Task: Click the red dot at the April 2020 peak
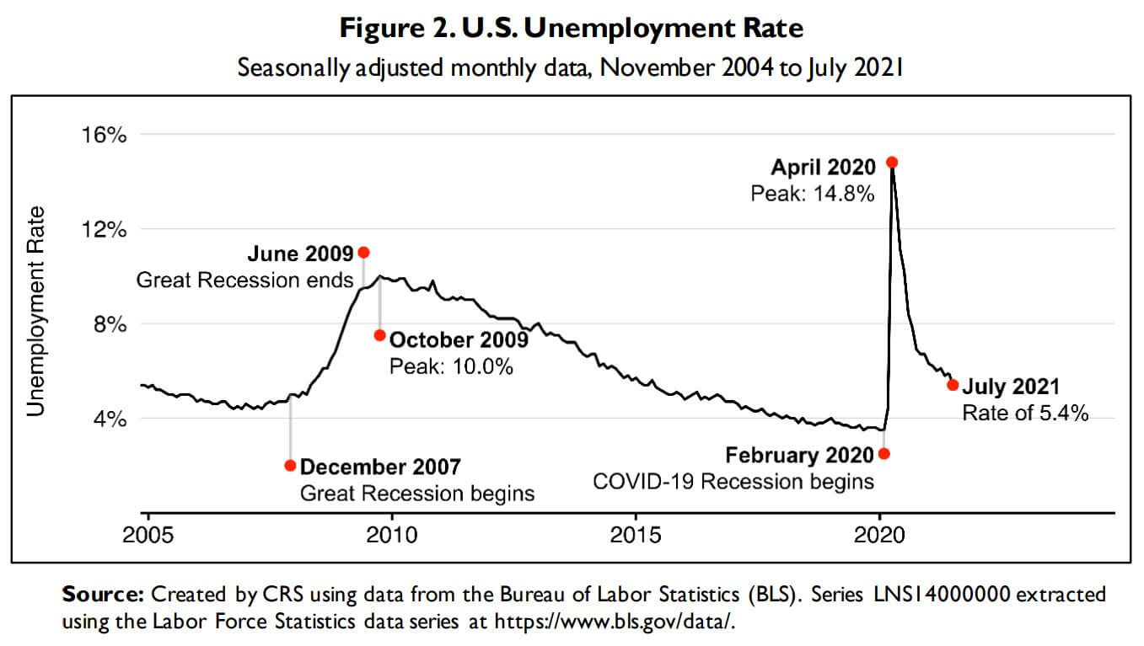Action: [892, 162]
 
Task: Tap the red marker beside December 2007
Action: [290, 465]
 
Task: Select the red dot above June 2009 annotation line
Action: [363, 252]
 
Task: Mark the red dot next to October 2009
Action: [379, 335]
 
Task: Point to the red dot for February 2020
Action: [884, 453]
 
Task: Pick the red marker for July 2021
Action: [953, 385]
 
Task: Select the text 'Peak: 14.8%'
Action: [813, 194]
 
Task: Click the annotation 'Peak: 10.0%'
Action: [451, 367]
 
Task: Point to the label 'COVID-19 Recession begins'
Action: [733, 483]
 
